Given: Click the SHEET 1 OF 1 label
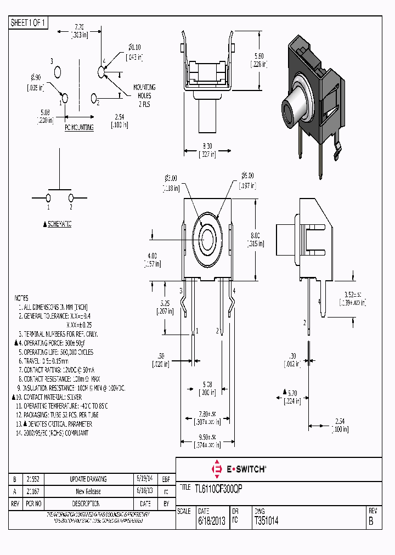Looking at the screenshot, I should click(x=29, y=22).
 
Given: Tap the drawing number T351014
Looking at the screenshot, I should click(x=267, y=521).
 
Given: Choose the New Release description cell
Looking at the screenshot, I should click(x=88, y=491).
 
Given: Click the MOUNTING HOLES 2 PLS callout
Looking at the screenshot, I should click(x=144, y=95).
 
